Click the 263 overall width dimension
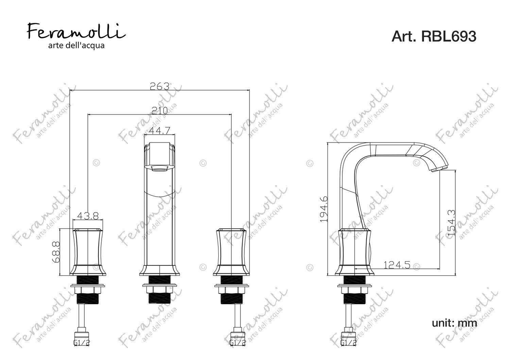159,86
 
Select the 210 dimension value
159,111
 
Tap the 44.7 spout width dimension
159,131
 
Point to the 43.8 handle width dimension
88,216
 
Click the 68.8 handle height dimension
56,252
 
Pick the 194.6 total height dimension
324,209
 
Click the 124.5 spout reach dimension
397,265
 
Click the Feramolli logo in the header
76,32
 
